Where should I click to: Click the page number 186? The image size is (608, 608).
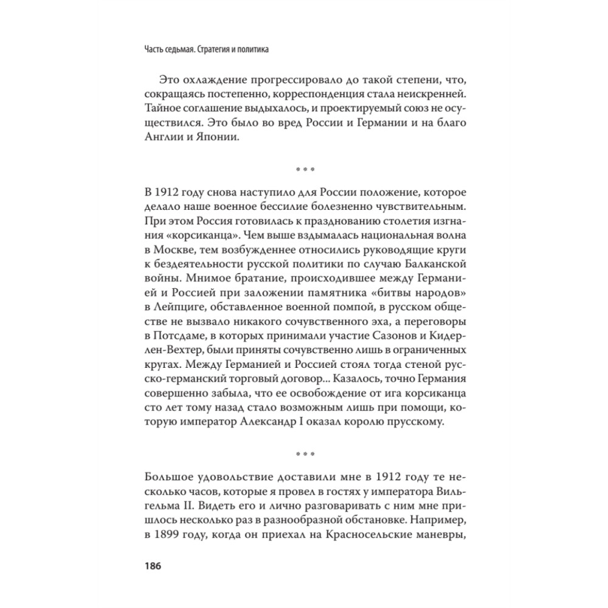151,565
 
